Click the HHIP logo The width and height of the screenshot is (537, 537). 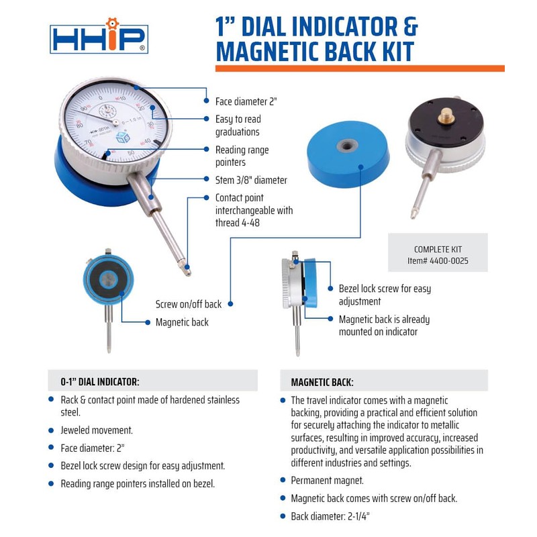[x=99, y=38]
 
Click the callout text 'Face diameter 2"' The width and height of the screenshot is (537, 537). [x=246, y=101]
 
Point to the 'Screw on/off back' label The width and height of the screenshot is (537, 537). [x=189, y=304]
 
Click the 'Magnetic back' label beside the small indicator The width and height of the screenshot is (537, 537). [x=182, y=322]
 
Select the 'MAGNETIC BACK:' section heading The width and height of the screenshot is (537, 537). [x=322, y=382]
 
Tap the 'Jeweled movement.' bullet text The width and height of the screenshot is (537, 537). [x=97, y=430]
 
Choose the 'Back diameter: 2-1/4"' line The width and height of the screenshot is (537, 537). [x=330, y=516]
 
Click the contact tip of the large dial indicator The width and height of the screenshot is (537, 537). [x=188, y=271]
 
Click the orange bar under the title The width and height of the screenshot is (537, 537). [x=359, y=68]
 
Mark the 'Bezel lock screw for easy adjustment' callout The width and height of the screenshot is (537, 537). [x=385, y=295]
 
